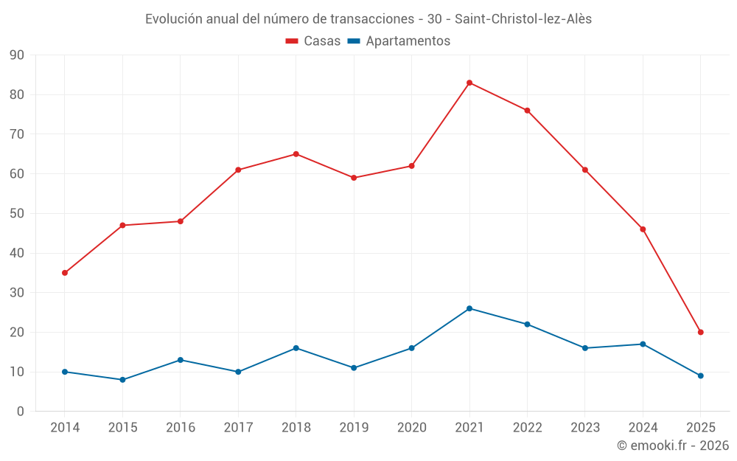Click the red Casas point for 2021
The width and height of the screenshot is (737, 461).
point(469,83)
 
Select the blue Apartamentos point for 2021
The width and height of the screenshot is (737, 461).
point(469,308)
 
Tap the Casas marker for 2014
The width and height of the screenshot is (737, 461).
point(65,273)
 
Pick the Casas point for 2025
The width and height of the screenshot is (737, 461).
point(701,332)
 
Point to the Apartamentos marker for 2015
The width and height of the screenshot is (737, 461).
point(122,380)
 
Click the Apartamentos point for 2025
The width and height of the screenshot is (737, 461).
point(701,375)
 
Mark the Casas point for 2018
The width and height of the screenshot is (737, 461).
point(296,154)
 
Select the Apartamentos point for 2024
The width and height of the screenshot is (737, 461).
point(643,344)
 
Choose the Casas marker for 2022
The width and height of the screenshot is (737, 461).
point(527,111)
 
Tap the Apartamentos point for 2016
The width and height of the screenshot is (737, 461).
point(181,360)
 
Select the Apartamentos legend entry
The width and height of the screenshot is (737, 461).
point(399,41)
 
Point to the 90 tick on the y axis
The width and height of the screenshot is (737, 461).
point(17,55)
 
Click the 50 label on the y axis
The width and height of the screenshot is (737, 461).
point(17,214)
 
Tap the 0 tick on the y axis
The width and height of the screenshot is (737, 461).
point(21,412)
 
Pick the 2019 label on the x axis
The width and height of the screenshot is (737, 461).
point(354,428)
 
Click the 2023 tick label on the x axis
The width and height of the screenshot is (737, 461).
point(585,428)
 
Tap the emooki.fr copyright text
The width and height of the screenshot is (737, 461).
point(673,446)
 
